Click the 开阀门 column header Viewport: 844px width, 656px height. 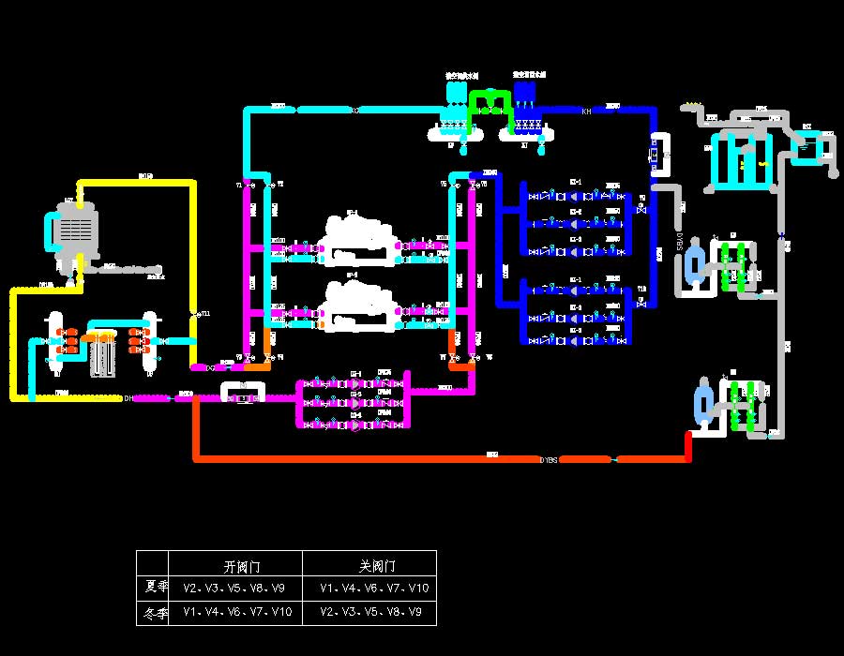[241, 567]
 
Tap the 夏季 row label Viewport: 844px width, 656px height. [157, 588]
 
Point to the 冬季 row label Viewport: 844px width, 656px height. [157, 613]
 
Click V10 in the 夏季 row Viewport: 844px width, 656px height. [418, 589]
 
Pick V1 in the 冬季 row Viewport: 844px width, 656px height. [192, 613]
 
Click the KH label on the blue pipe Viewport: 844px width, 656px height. [586, 112]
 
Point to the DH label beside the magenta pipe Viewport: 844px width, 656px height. [128, 399]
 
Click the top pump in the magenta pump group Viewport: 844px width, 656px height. [355, 382]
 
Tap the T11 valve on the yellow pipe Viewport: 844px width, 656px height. [194, 313]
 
